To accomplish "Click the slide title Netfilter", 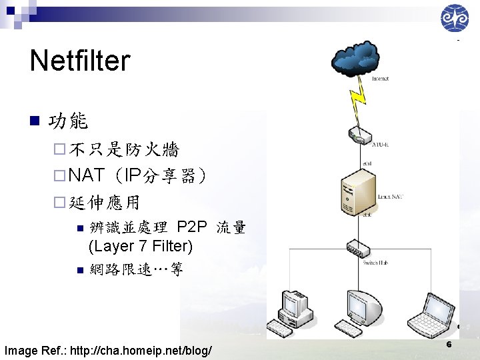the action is [x=79, y=61].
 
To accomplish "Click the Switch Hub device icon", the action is [x=358, y=249].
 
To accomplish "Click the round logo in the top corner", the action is [x=455, y=18].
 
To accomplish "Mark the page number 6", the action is [x=449, y=345].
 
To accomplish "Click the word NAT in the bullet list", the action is [x=87, y=175].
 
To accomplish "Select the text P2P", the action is [x=193, y=227].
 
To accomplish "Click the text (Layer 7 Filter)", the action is [x=141, y=246].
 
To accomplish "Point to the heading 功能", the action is [x=69, y=121].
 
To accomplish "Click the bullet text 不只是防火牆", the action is [x=123, y=149].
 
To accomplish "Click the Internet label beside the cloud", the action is [x=380, y=79].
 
